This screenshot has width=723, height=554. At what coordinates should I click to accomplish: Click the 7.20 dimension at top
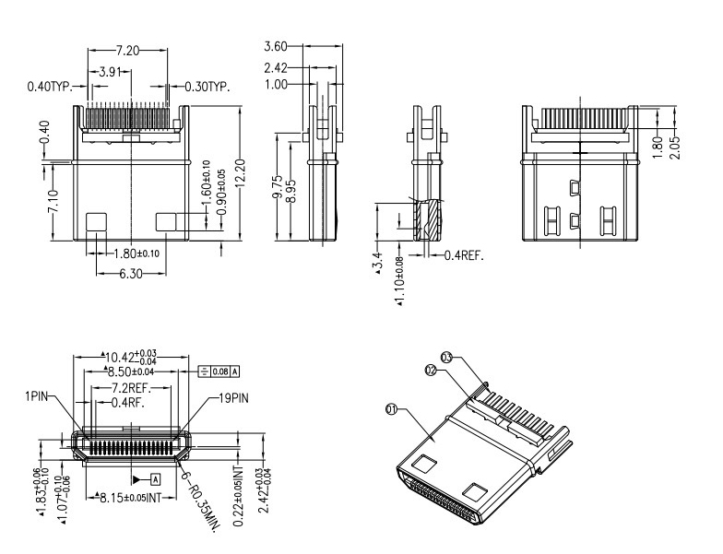[x=128, y=50]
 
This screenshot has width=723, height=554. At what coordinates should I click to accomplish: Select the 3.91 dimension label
[x=112, y=70]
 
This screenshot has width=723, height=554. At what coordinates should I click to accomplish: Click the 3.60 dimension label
[x=276, y=46]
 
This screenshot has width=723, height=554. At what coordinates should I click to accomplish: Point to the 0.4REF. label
[x=465, y=254]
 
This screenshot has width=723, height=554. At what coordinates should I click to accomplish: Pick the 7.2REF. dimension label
[x=134, y=388]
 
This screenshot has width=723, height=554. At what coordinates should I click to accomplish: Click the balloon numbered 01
[x=391, y=411]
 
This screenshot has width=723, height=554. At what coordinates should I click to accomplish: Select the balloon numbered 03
[x=446, y=356]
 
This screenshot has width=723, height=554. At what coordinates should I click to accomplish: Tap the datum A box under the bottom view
[x=155, y=479]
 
